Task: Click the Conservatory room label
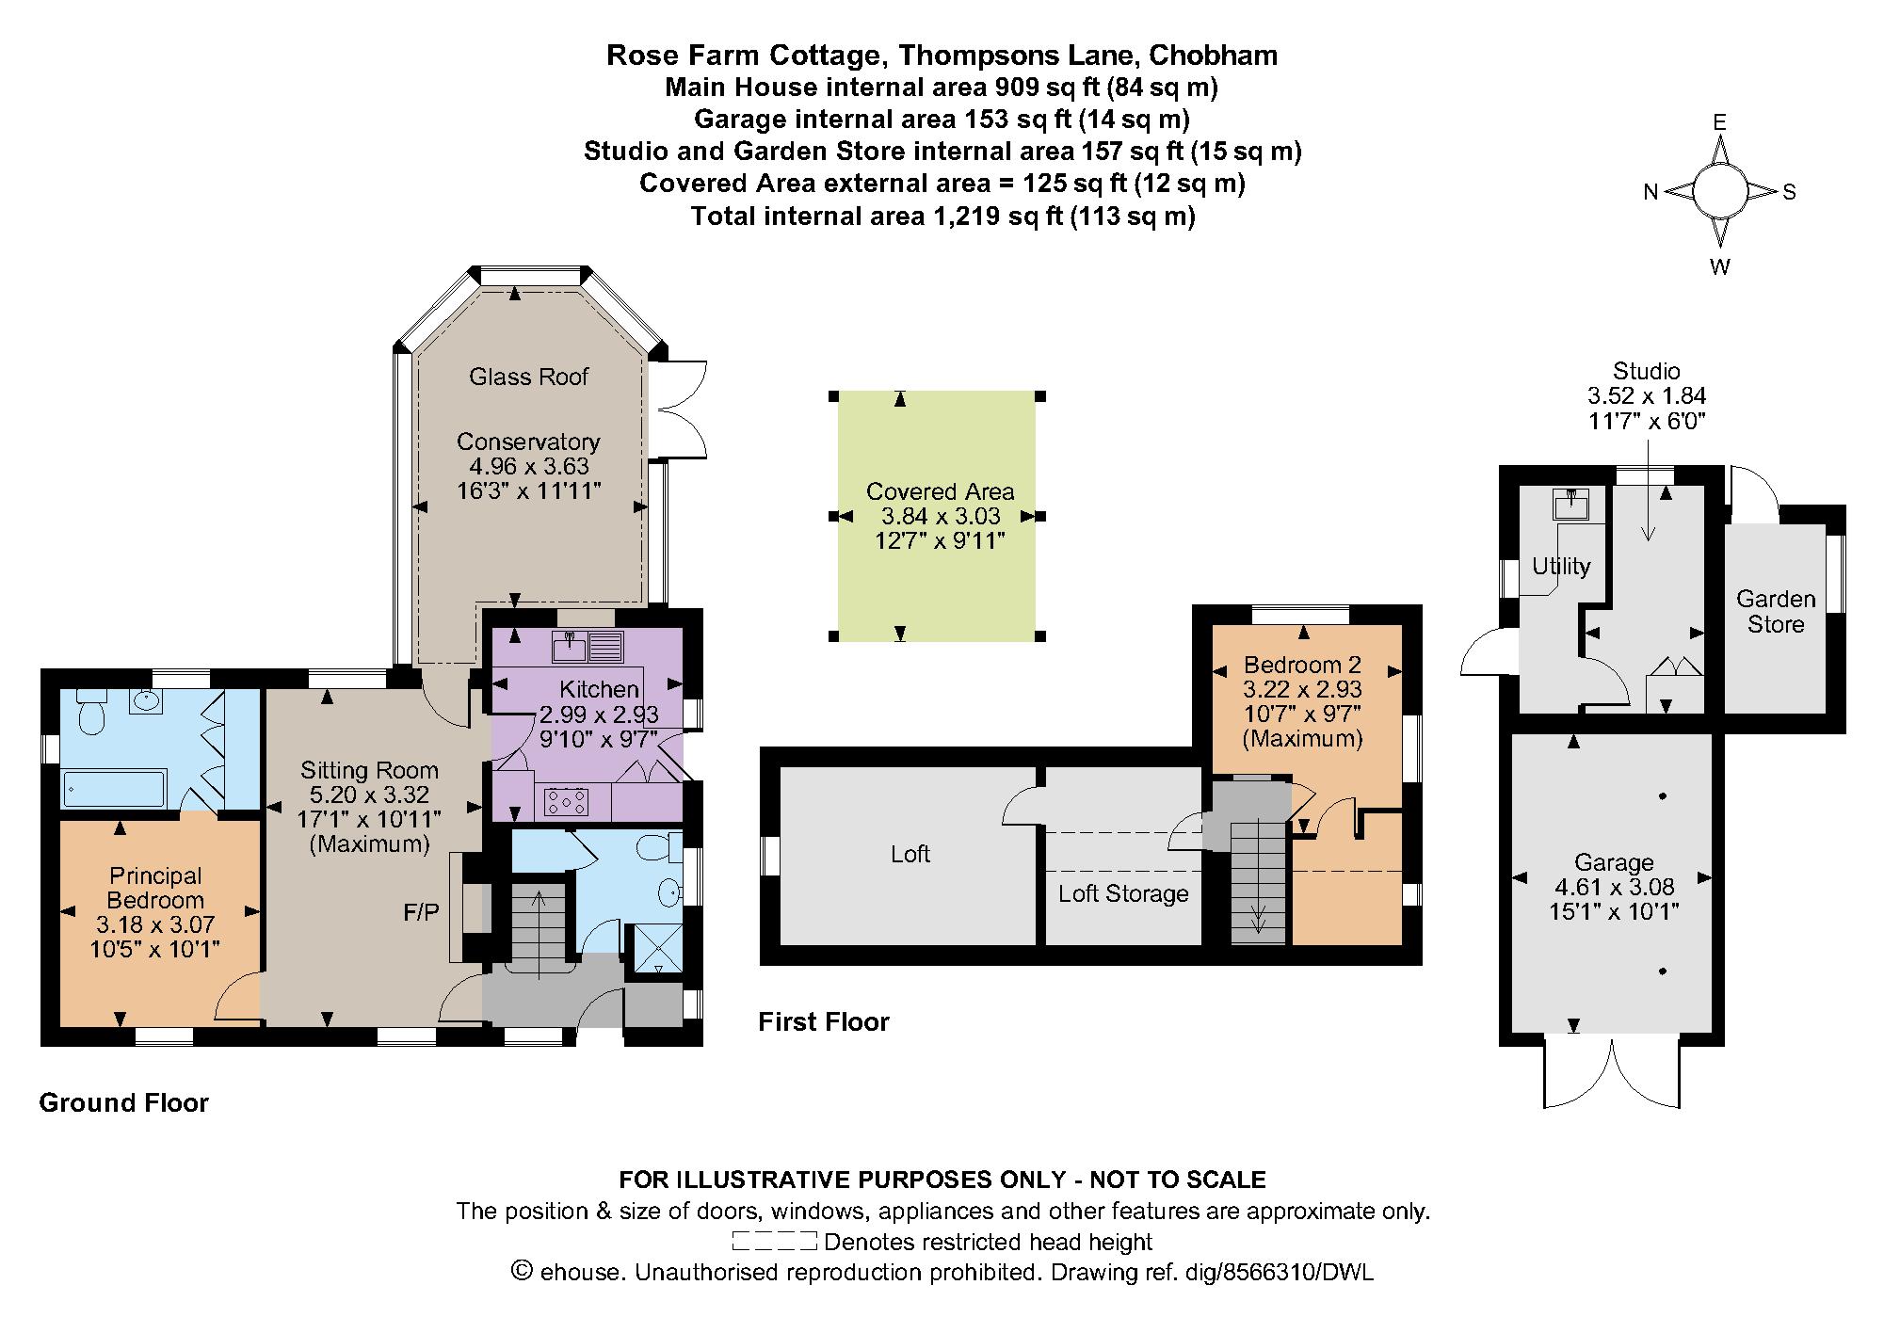click(528, 442)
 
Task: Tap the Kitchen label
click(600, 689)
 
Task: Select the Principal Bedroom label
click(155, 888)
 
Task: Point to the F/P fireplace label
click(421, 912)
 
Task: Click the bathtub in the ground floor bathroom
click(114, 789)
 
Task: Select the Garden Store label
click(1776, 611)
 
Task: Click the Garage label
click(1614, 862)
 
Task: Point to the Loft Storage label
click(1123, 893)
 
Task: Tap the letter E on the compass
click(1719, 123)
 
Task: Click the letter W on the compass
click(1720, 266)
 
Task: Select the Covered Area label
click(940, 491)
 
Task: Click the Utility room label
click(1561, 566)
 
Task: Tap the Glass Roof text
click(528, 377)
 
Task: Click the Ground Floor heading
click(123, 1102)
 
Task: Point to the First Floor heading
click(824, 1021)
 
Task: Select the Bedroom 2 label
click(1302, 664)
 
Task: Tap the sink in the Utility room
click(1570, 505)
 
